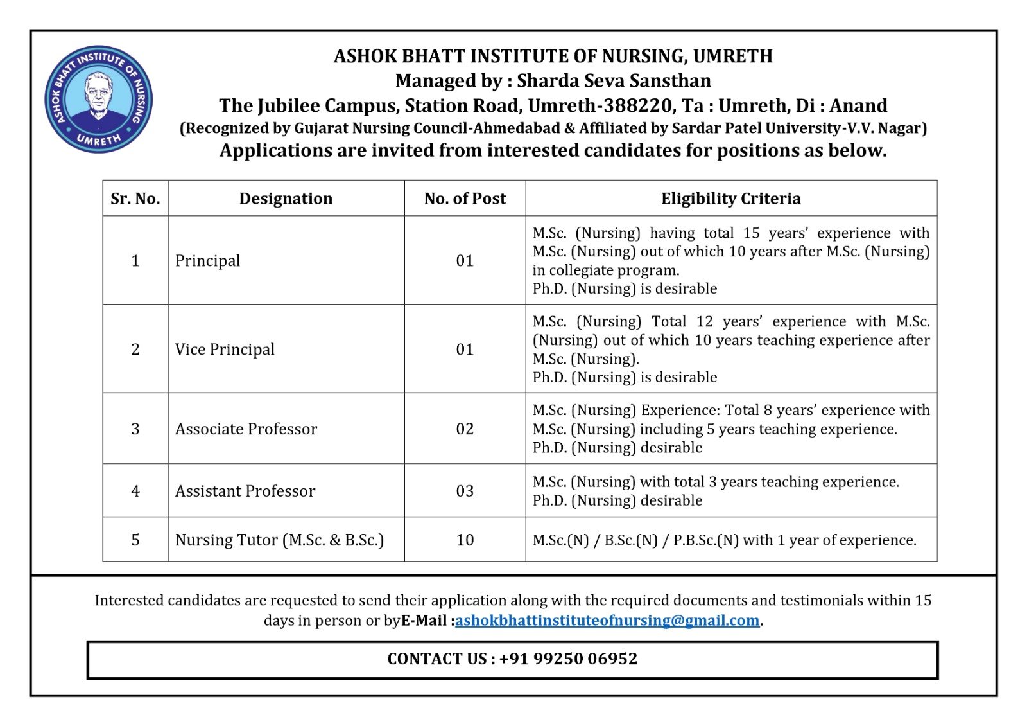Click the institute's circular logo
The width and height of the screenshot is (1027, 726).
98,99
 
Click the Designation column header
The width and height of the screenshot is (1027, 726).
286,199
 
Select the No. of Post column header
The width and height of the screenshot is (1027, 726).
465,199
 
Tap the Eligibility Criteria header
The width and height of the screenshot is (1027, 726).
730,199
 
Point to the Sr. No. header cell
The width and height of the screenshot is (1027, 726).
135,199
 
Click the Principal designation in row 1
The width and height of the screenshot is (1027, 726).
207,260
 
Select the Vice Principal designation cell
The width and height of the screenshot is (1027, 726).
225,349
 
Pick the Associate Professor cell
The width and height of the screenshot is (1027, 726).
246,429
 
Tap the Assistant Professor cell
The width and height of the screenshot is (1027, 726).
245,491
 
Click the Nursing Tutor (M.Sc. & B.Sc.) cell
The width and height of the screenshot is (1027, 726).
279,540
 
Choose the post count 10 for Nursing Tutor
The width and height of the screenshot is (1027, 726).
465,540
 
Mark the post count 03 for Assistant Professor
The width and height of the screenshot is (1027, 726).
465,491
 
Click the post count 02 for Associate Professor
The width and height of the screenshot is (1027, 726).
465,429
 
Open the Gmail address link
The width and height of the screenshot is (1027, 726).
607,621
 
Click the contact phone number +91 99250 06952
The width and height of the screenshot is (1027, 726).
568,659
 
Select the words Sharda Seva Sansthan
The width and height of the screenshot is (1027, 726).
614,81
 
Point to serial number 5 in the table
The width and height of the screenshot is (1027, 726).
135,540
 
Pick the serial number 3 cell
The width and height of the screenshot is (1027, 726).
135,429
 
